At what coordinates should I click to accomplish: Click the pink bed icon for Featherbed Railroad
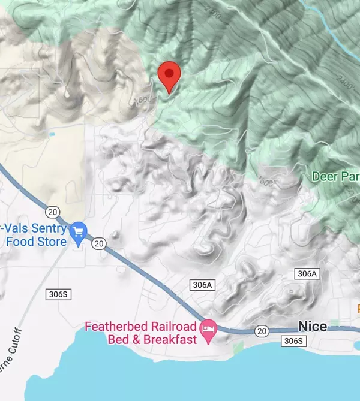coord(209,328)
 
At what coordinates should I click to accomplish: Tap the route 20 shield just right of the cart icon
coord(99,243)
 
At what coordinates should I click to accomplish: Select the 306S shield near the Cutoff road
coord(58,294)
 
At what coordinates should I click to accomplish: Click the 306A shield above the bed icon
coord(202,285)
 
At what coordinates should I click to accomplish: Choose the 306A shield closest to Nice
coord(306,274)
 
